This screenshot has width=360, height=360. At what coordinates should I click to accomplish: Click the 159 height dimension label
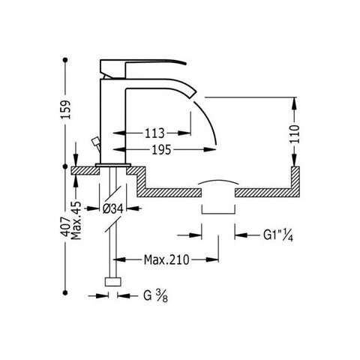pos(66,109)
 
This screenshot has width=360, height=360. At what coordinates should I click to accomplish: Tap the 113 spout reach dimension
pos(154,133)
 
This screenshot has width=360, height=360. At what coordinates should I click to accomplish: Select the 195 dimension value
pos(162,150)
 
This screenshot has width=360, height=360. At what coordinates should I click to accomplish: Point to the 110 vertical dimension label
pos(295,134)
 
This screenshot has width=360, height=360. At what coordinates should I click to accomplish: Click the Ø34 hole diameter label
pos(113,208)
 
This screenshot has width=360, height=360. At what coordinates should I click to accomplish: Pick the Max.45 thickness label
pos(76,220)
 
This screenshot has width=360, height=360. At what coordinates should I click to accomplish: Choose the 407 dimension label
pos(66,226)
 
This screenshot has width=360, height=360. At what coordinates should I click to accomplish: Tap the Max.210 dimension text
pos(166,260)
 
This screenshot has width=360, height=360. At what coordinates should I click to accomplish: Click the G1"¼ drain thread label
pos(278,235)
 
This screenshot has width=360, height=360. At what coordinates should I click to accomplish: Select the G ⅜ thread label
pos(155,296)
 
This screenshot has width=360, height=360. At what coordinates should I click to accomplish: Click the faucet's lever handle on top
pos(142,67)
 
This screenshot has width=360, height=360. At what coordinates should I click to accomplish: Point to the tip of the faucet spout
pos(193,95)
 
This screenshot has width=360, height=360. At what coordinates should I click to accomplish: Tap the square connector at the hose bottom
pos(113,282)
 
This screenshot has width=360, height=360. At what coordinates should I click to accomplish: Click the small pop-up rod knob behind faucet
pos(95,141)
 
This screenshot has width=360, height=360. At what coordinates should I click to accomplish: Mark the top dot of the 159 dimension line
pos(65,60)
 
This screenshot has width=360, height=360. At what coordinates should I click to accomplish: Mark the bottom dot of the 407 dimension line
pos(65,292)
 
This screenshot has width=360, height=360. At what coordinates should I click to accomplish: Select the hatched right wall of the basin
pos(295,181)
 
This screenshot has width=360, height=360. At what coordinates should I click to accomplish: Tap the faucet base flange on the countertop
pos(113,165)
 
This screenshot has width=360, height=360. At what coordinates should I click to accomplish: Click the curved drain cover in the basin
pos(218,181)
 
